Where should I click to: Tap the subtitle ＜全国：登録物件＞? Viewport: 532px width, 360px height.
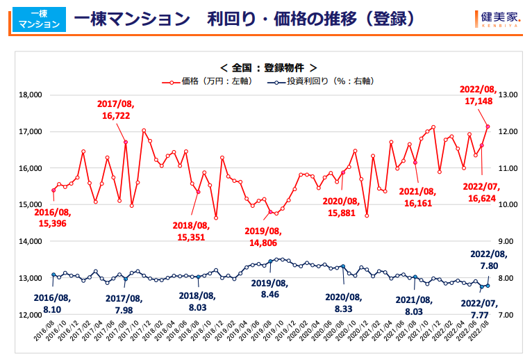(268, 67)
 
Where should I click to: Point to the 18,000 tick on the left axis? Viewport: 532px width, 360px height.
(31, 95)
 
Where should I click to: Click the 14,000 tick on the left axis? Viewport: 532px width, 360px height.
(31, 241)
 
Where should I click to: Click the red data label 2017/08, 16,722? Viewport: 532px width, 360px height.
(116, 110)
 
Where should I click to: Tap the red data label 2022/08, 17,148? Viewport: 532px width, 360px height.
(479, 95)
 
